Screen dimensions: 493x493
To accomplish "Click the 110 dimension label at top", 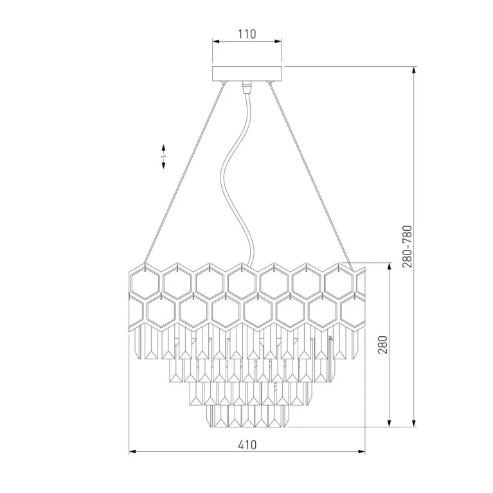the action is click(x=247, y=34).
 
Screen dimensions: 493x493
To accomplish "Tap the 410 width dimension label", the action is click(x=247, y=445).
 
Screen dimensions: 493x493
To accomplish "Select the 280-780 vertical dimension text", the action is click(x=407, y=246).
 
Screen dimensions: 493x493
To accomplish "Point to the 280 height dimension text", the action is click(x=382, y=345).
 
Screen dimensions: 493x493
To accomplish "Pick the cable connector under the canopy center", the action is click(x=247, y=87).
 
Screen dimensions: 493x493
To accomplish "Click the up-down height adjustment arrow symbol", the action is click(x=163, y=156).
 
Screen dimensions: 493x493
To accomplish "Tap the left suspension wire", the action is click(x=184, y=173).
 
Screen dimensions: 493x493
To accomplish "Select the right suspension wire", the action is click(x=312, y=176).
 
